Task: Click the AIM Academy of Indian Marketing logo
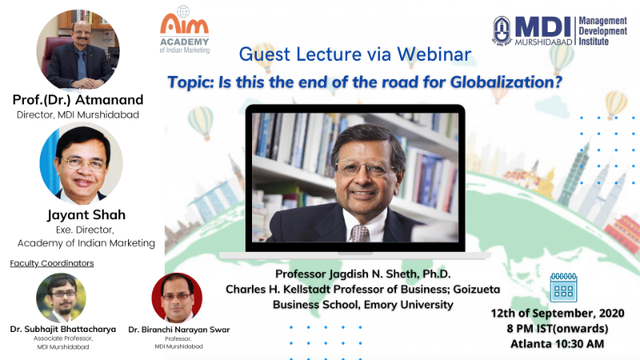tap(184, 30)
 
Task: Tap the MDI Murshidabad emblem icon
tap(502, 30)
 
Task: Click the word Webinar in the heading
tap(434, 54)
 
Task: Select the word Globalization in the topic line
tap(506, 82)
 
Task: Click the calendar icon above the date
tap(564, 287)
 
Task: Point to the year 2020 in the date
tap(610, 313)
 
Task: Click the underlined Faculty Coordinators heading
tap(52, 263)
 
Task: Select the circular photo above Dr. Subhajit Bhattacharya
tap(62, 298)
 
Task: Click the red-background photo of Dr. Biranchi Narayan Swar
tap(177, 298)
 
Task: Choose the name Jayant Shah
tap(86, 215)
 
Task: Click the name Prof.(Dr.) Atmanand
tap(78, 99)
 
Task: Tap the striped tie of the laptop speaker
tap(360, 233)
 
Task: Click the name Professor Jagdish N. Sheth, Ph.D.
tap(363, 274)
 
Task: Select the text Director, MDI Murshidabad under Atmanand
tap(78, 114)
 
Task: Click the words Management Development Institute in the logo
tap(603, 31)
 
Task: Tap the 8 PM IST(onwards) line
tap(558, 329)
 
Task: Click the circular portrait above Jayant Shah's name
tap(82, 163)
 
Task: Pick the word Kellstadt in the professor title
tap(306, 290)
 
